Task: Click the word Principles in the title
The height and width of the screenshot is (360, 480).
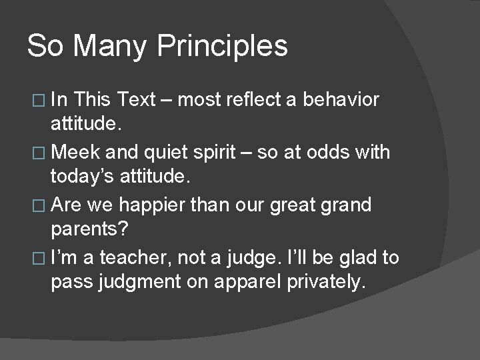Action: [x=223, y=47]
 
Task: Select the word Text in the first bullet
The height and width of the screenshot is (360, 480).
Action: [x=135, y=100]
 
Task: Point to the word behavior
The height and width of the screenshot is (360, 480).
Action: [x=341, y=100]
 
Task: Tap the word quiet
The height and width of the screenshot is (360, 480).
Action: [x=165, y=153]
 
